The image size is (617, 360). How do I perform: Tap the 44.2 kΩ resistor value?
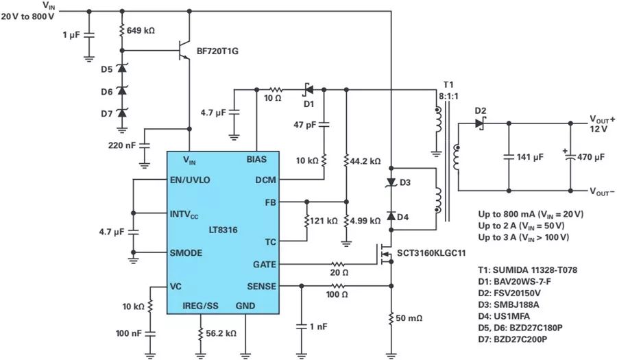(x=365, y=162)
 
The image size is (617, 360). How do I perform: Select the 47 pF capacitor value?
(x=304, y=125)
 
